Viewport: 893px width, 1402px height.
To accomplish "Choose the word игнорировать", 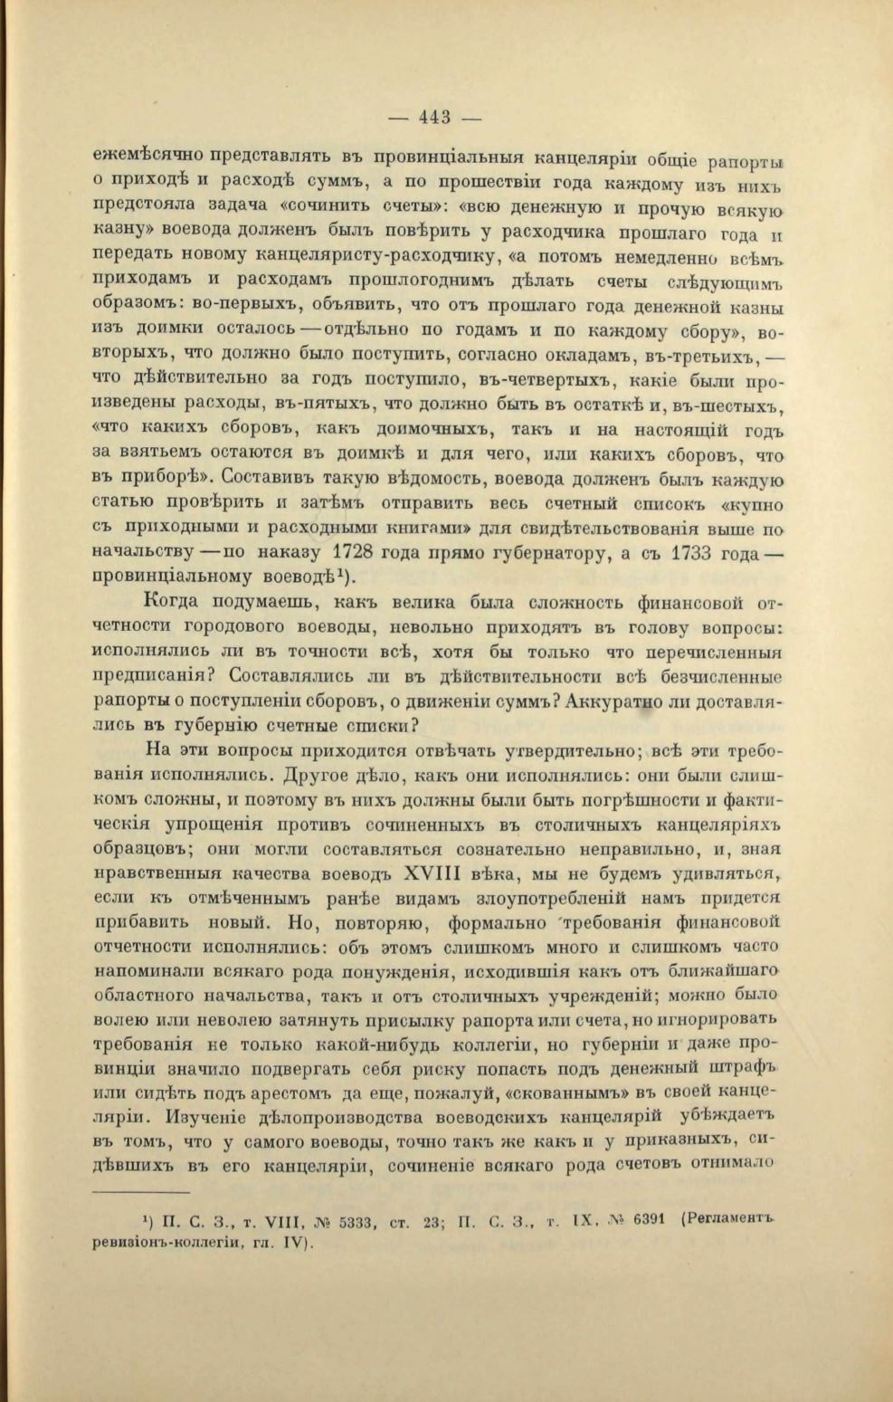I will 721,1017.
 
